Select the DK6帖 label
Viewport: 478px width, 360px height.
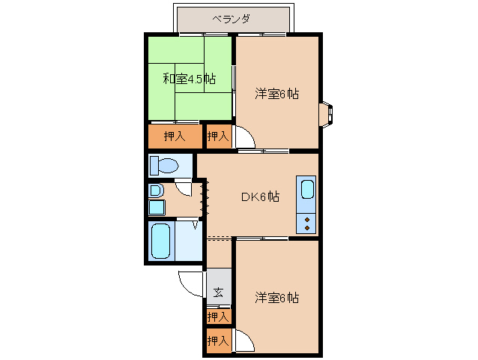(x=260, y=196)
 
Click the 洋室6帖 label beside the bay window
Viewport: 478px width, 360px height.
(x=276, y=94)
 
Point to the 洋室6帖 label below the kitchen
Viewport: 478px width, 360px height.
(x=276, y=297)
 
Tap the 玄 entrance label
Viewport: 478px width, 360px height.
(x=218, y=292)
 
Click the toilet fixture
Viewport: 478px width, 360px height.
(x=163, y=165)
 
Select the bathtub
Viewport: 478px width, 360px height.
(x=161, y=241)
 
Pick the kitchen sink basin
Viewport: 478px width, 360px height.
(x=307, y=190)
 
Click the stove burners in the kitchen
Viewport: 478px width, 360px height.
(x=307, y=221)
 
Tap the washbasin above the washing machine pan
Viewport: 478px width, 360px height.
(x=154, y=190)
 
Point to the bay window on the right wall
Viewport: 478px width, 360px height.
(x=329, y=114)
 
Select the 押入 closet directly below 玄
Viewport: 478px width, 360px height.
(x=218, y=317)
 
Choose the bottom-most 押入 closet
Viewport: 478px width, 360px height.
(x=218, y=341)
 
